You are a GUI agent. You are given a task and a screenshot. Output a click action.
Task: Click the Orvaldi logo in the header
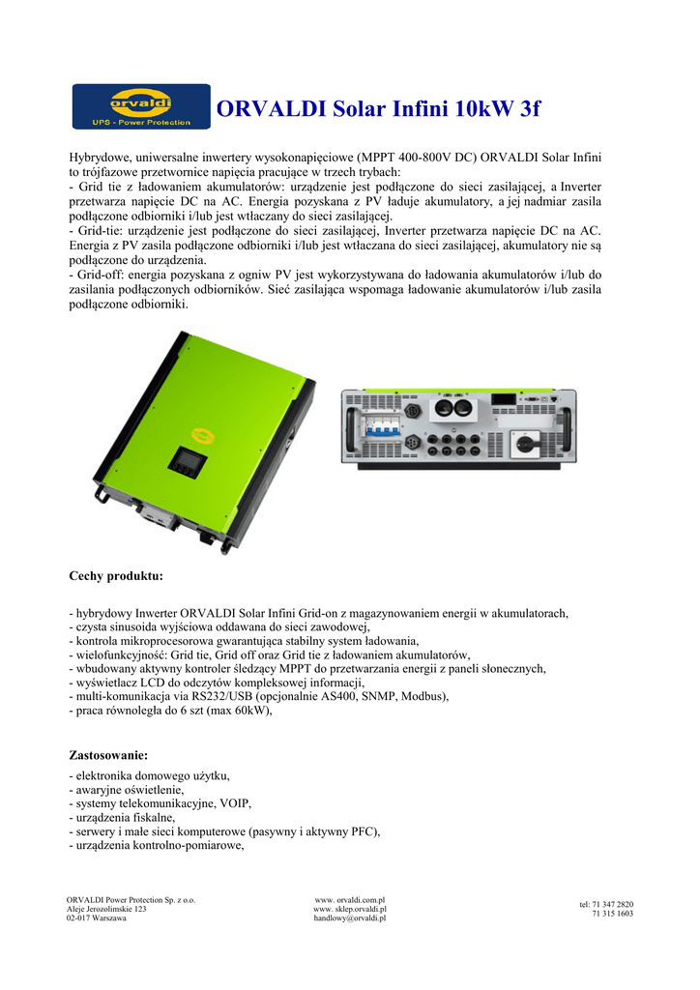click(141, 106)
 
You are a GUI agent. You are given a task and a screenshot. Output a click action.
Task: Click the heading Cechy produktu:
click(116, 576)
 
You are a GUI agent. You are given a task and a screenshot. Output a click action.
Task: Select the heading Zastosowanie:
click(108, 754)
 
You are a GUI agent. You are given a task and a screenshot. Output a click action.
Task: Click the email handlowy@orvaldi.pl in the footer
click(350, 918)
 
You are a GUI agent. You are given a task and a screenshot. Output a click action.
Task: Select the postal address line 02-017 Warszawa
click(96, 918)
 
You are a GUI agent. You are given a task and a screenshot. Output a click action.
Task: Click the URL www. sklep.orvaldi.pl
click(350, 909)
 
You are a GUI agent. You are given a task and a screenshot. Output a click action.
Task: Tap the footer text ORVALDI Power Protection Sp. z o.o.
click(131, 899)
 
